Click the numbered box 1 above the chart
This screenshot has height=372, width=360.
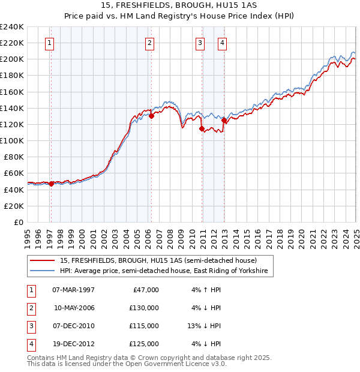49,43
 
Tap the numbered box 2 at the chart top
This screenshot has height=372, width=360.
149,43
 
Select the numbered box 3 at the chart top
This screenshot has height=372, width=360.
200,43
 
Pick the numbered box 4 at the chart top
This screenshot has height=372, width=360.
222,43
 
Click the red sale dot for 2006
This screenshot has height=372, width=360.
151,116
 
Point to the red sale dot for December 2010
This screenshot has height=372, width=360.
202,128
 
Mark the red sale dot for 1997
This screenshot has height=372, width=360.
52,184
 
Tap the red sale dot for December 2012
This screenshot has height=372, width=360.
224,120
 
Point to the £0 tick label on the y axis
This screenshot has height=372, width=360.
18,222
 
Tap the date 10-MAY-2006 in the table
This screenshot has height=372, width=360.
74,308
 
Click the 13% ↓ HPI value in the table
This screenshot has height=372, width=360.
205,326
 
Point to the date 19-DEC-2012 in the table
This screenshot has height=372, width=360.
74,344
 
